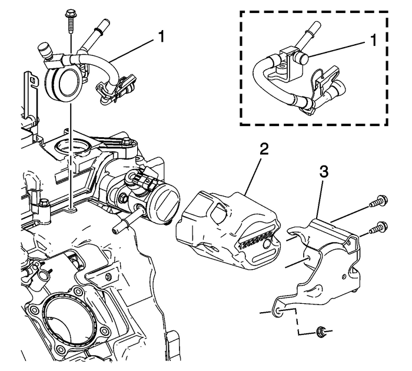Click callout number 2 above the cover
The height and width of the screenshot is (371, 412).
tap(264, 148)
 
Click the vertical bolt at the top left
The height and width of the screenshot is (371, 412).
tap(71, 21)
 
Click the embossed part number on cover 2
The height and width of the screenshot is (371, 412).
tap(254, 241)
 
